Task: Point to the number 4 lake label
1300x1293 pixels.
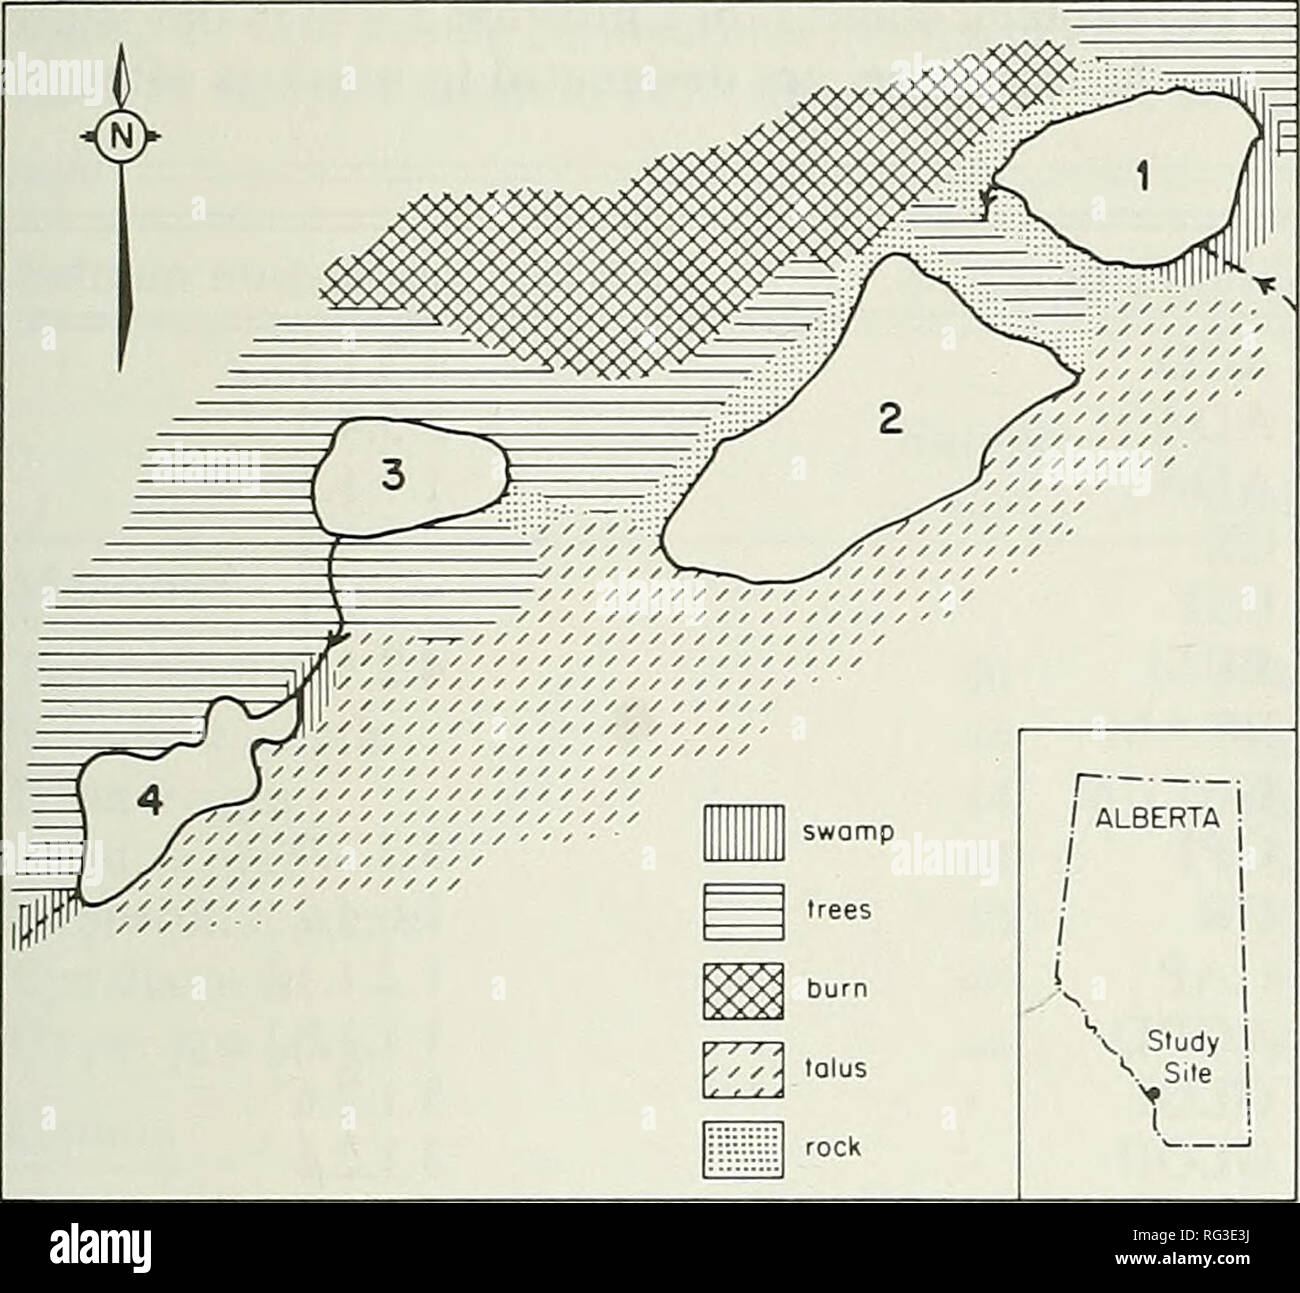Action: pos(146,801)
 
